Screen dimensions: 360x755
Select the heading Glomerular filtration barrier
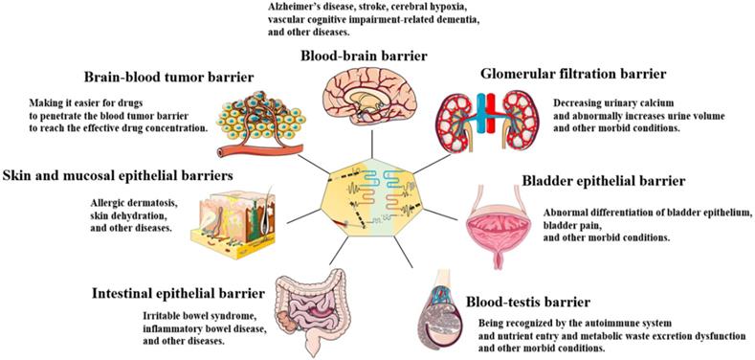tap(582, 74)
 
